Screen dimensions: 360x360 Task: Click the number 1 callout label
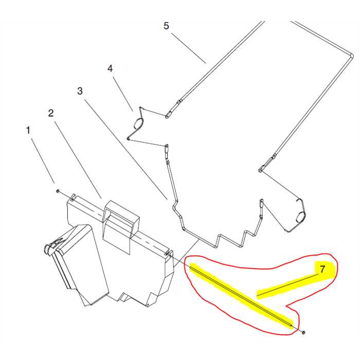click(x=28, y=130)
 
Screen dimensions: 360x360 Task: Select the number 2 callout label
click(x=51, y=113)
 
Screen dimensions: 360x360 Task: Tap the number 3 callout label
click(x=80, y=91)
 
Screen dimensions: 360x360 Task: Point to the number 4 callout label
click(x=110, y=68)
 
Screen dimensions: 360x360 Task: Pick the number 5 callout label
click(x=166, y=26)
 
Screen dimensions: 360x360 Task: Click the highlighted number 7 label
click(x=322, y=269)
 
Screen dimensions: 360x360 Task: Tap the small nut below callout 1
click(x=58, y=191)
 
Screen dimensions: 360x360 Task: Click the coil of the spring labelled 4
click(x=138, y=123)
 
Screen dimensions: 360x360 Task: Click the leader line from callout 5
click(x=188, y=47)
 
